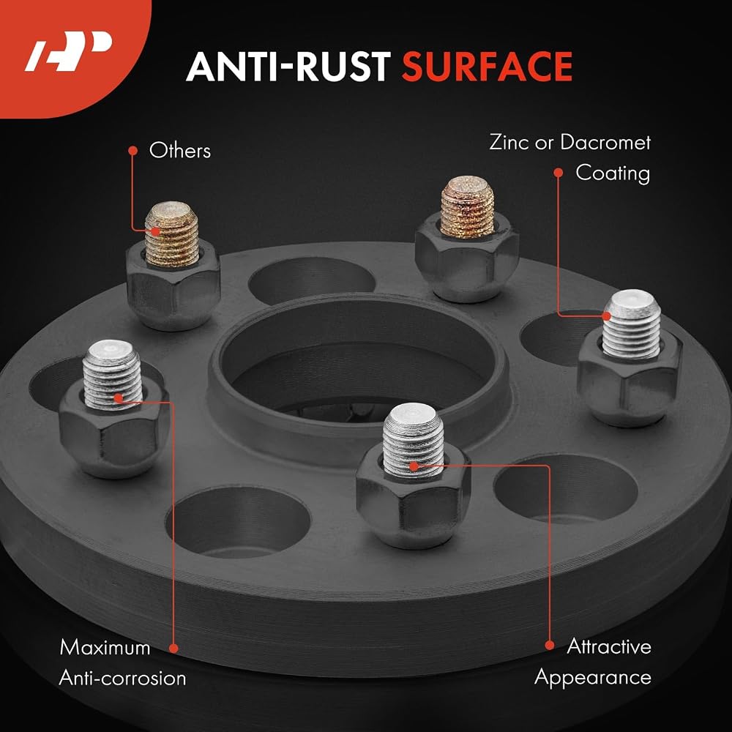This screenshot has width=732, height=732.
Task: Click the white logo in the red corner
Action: click(x=68, y=51)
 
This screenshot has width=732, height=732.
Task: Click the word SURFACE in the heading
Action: click(x=487, y=67)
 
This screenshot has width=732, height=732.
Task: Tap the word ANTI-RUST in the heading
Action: click(x=288, y=67)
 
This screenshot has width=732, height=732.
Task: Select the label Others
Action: click(x=180, y=151)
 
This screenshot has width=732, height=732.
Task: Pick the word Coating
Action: click(x=613, y=173)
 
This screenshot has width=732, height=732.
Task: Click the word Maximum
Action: click(x=105, y=648)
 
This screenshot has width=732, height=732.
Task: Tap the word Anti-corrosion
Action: click(x=122, y=678)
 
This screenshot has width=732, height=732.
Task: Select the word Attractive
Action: click(x=609, y=646)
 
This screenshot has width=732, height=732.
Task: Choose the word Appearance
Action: click(x=593, y=678)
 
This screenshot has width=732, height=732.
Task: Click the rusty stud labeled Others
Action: click(x=172, y=234)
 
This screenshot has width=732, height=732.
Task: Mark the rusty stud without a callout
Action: click(x=467, y=207)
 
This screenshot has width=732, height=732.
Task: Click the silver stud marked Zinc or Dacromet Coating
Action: click(x=632, y=324)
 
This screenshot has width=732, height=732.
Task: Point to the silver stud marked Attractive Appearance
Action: click(x=413, y=440)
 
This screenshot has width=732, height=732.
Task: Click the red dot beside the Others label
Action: click(x=133, y=150)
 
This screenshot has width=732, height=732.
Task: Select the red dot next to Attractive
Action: click(x=550, y=646)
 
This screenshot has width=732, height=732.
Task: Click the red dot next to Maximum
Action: click(x=173, y=649)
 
